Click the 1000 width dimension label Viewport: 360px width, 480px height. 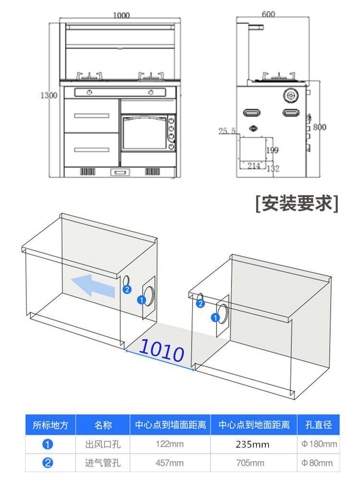coord(121,15)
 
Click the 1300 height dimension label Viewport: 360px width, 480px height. coord(48,95)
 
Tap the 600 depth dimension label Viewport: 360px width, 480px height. coord(268,14)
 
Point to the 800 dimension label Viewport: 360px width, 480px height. coord(319,127)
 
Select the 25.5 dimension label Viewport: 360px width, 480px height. coord(227,131)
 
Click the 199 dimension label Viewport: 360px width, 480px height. coord(272,151)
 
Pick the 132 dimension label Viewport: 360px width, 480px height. coord(273,168)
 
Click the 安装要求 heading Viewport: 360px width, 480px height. coord(297,203)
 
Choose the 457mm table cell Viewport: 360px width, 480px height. coord(170,463)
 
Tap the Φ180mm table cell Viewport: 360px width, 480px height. coord(319,444)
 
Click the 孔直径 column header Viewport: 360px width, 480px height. coord(319,425)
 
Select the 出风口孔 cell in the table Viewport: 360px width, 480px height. coord(103,444)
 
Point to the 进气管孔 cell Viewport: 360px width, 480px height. coord(103,463)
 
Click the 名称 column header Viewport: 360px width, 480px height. coord(103,425)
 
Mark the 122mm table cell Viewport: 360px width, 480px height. coord(170,444)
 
